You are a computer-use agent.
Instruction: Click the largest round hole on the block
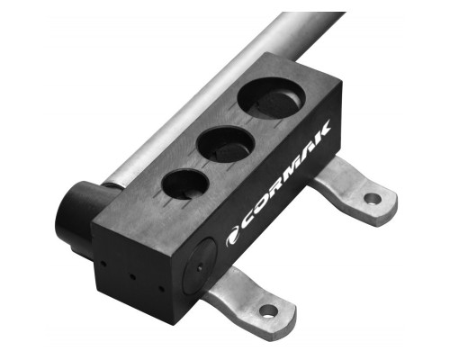pyautogui.click(x=272, y=99)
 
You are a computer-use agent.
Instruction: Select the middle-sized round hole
pyautogui.click(x=226, y=145)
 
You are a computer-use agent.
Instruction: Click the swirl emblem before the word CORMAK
pyautogui.click(x=232, y=238)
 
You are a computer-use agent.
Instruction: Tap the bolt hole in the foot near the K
pyautogui.click(x=373, y=198)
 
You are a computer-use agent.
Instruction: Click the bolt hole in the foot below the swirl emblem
pyautogui.click(x=269, y=311)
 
